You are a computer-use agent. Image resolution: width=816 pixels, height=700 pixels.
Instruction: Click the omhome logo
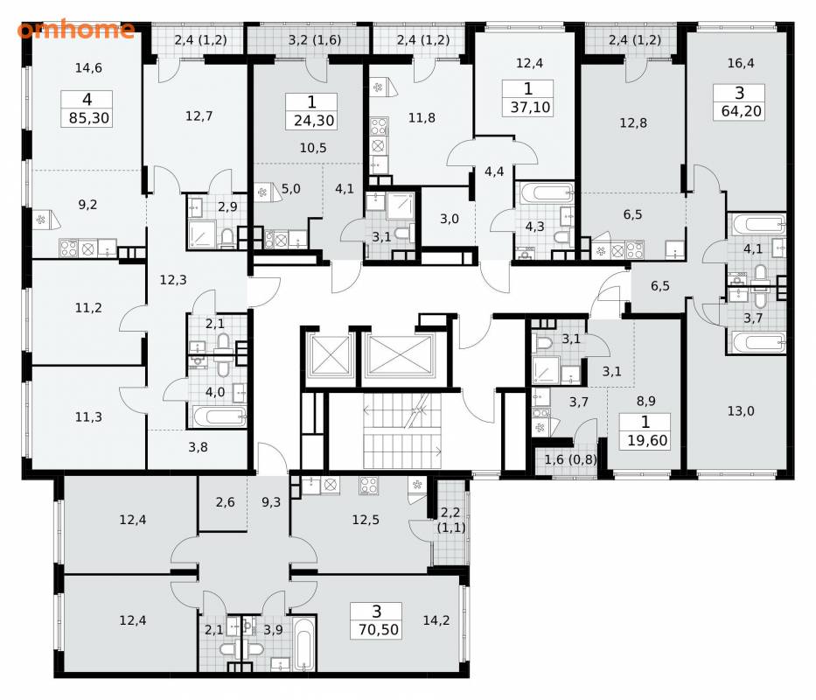coord(76,30)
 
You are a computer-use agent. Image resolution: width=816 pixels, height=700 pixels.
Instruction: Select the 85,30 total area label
coord(89,118)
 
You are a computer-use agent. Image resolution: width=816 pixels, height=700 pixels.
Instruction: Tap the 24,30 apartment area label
coord(314,121)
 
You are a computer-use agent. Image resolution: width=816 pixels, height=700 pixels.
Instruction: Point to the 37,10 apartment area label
coord(530,108)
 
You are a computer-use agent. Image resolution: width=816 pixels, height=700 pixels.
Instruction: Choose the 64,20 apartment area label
coord(741,111)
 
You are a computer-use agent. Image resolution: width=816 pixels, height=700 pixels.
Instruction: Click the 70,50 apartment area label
coord(379,630)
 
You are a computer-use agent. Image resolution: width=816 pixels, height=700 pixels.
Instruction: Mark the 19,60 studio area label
coord(647,441)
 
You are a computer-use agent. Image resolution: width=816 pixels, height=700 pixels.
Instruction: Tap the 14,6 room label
coord(88,67)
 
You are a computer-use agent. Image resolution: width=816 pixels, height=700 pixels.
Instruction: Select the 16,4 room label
coord(741,63)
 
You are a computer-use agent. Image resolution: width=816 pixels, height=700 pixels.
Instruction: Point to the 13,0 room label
coord(741,411)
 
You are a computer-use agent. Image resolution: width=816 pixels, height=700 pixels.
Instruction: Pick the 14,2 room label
coord(436,620)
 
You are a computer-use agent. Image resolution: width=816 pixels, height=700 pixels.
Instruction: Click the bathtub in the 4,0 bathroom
coord(220,416)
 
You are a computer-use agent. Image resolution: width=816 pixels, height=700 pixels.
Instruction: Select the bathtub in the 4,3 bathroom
coord(545,193)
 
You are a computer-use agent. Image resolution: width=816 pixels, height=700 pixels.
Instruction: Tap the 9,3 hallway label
coord(271,502)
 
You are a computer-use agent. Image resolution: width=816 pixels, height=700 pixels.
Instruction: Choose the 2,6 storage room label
coord(225,502)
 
